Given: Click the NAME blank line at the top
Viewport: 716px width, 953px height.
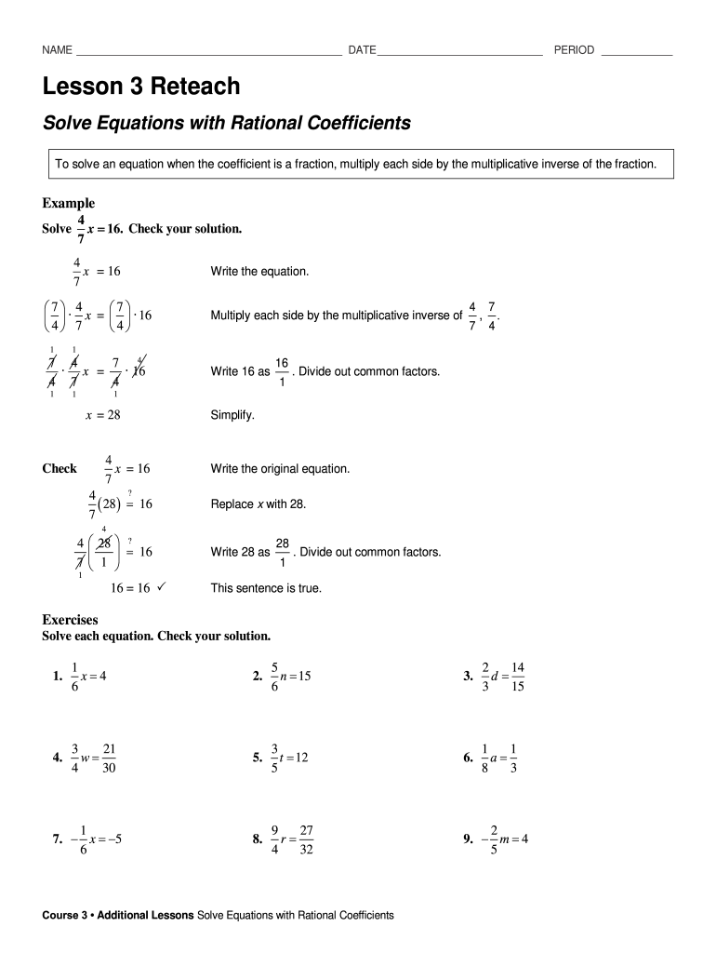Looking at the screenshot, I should [x=209, y=51].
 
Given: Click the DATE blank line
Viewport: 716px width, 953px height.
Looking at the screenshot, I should [x=459, y=51].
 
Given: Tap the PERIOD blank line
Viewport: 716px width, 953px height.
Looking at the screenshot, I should [x=637, y=51].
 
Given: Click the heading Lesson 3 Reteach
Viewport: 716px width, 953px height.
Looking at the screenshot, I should [x=141, y=87].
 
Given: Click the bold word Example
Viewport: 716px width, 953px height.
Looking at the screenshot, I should [x=69, y=203].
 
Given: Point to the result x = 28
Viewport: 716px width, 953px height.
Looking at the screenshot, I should [x=102, y=415].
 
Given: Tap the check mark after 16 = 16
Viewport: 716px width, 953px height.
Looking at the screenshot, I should [x=162, y=588].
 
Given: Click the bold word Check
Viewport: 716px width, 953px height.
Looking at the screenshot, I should [x=60, y=468].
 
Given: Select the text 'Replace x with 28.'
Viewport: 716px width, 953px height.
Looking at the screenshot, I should [x=258, y=503].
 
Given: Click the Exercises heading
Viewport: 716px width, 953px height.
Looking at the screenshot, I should [x=71, y=619].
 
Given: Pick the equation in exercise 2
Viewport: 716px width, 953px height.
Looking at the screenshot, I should [x=289, y=677].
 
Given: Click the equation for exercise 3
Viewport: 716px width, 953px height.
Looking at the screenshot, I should [x=504, y=677].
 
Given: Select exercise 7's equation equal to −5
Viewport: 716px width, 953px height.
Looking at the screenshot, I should [x=95, y=839].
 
